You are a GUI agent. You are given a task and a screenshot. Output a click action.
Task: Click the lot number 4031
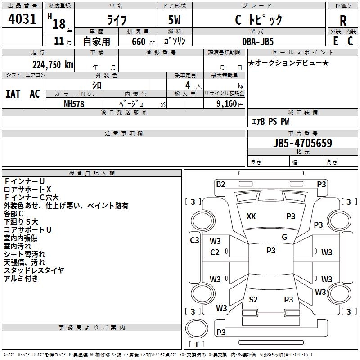[x=22, y=19]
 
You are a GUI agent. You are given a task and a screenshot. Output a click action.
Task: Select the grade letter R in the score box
[x=343, y=21]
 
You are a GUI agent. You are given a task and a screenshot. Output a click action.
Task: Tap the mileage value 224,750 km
[x=53, y=65]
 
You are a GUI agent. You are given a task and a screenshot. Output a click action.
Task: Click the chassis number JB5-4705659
[x=302, y=143]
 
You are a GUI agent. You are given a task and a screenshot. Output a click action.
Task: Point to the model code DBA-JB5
[x=258, y=41]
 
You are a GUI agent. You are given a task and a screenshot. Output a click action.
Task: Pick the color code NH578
[x=74, y=104]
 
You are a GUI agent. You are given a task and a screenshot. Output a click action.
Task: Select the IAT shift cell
[x=13, y=94]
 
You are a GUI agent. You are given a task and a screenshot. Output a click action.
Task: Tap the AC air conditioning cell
[x=35, y=94]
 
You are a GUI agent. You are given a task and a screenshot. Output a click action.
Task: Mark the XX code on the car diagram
[x=251, y=216]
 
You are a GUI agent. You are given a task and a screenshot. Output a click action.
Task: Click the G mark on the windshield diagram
[x=284, y=237]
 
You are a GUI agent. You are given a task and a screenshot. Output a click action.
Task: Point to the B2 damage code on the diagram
[x=220, y=184]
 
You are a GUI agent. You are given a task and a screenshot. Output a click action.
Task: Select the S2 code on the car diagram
[x=253, y=299]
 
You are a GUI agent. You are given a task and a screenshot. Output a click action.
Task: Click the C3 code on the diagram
[x=194, y=240]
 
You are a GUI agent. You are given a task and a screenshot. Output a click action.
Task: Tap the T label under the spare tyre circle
[x=197, y=344]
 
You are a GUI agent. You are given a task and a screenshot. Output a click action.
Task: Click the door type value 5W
[x=174, y=20]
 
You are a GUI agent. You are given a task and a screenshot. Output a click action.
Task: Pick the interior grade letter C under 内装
[x=350, y=41]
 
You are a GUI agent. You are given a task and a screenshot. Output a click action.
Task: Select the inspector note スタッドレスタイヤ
[x=34, y=270]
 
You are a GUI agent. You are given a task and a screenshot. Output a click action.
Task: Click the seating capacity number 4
[x=188, y=85]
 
